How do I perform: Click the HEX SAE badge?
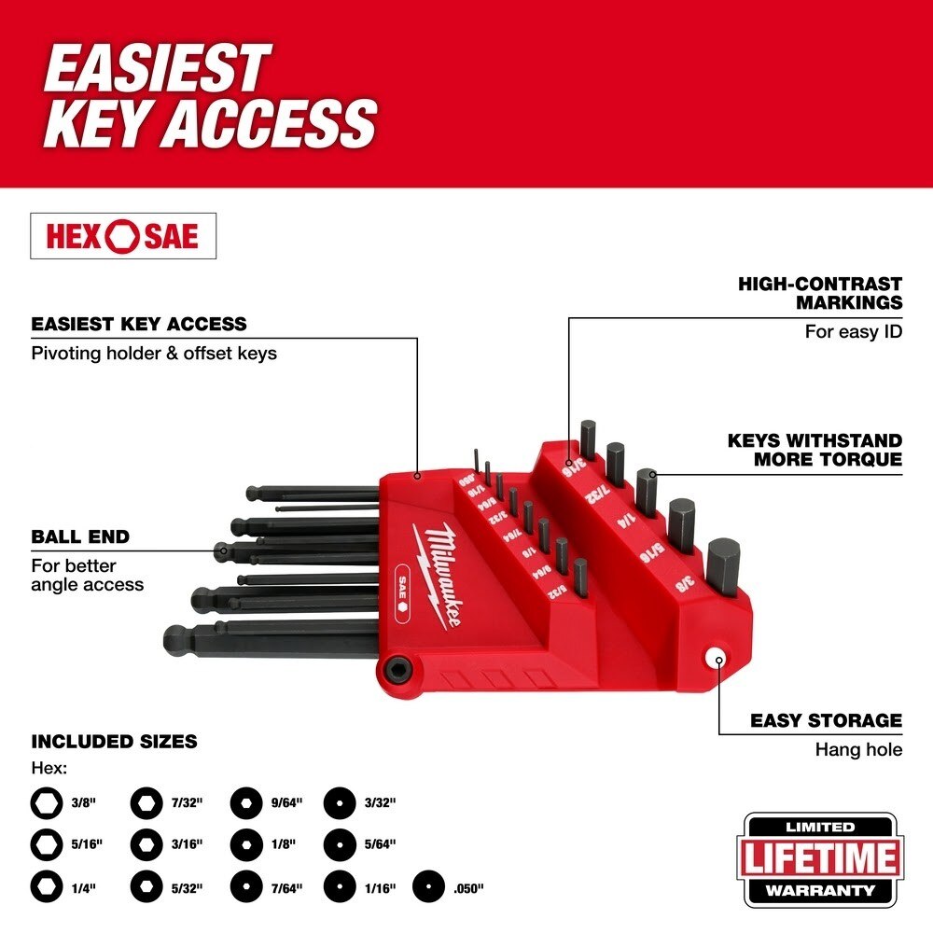pos(123,236)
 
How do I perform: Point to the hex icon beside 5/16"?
pos(46,843)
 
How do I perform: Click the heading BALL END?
pos(80,536)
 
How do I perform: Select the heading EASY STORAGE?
pos(826,720)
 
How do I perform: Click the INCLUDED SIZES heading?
pos(115,742)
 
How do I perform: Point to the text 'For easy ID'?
pos(853,331)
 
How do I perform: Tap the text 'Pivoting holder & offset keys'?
pos(154,354)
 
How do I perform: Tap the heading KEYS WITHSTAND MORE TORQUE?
pos(815,449)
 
